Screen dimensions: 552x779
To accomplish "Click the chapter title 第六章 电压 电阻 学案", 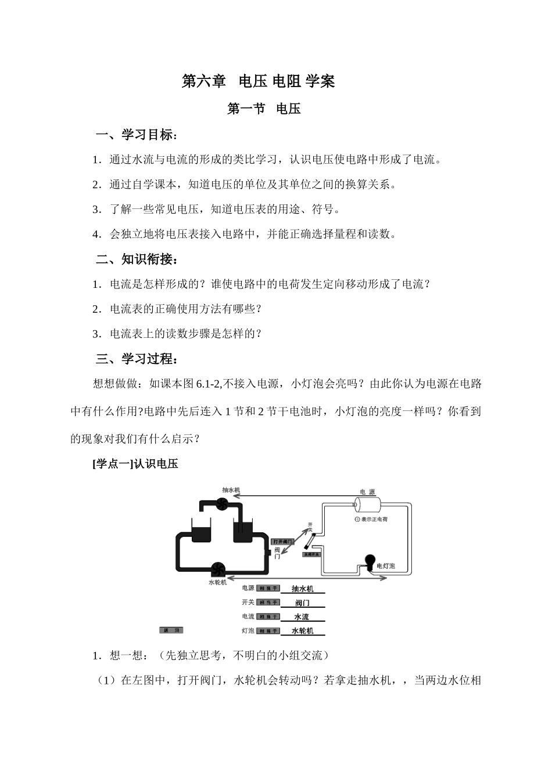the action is (259, 81).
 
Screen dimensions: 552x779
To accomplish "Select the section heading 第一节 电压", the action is (264, 109).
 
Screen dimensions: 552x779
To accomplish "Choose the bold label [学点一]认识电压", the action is (135, 464).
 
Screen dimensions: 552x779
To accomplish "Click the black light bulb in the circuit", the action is (368, 561).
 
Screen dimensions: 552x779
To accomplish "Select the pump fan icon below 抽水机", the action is (222, 504).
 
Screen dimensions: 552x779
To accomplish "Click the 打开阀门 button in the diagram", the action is (282, 542).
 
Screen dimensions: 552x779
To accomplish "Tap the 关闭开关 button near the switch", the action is (311, 555).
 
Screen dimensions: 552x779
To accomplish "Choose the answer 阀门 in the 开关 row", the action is (302, 603).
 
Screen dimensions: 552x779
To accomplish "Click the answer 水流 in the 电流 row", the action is (302, 617).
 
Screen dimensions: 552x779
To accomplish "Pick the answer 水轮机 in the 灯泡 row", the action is (302, 631).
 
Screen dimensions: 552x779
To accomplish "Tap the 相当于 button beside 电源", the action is (268, 589).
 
